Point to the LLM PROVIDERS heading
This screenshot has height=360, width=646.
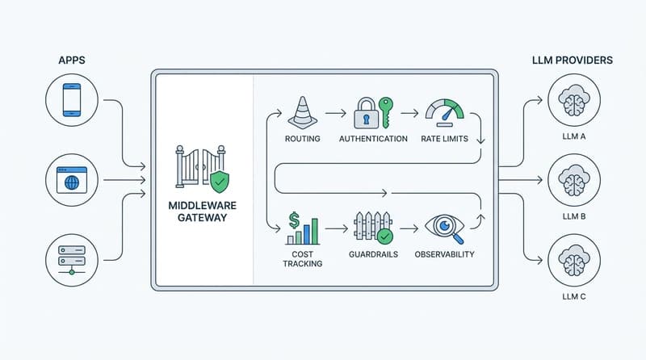(x=571, y=59)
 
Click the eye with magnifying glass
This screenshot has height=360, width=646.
(x=444, y=227)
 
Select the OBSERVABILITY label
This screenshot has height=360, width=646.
(x=444, y=254)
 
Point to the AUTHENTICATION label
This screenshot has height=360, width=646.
(x=372, y=139)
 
